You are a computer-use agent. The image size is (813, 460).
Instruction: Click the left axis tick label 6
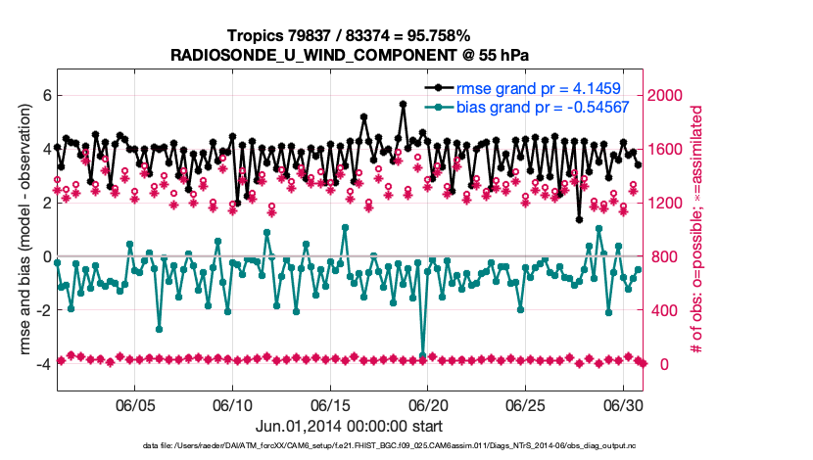44,95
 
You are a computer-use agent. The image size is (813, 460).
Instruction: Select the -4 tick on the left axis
41,364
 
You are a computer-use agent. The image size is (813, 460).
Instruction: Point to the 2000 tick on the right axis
671,95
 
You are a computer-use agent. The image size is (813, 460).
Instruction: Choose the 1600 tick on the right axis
671,149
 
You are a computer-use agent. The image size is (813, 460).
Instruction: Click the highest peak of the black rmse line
404,104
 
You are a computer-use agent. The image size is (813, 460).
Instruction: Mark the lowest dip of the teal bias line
423,355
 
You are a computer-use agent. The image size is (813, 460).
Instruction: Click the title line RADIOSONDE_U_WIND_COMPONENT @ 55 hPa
350,55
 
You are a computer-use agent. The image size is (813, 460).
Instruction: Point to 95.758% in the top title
439,36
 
